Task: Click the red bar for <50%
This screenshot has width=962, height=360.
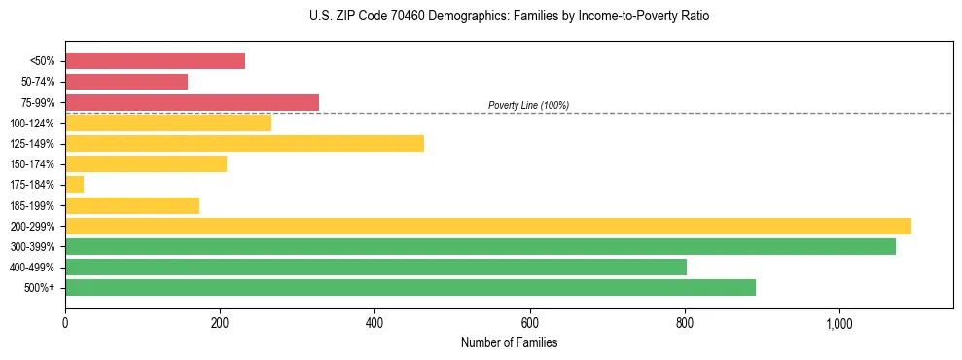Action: [x=155, y=60]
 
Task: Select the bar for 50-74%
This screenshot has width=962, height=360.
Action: [x=126, y=82]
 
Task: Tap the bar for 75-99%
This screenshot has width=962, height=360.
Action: [x=192, y=102]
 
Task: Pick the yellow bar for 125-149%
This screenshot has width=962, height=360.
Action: [x=244, y=144]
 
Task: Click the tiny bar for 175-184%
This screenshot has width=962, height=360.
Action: [x=74, y=185]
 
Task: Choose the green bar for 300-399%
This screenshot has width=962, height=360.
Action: [x=481, y=247]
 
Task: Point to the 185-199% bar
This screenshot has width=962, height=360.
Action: [x=132, y=205]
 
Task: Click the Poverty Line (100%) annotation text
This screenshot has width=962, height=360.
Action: [x=528, y=105]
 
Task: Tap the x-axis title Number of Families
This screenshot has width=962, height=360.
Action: [x=509, y=342]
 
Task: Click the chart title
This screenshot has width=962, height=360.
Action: [x=509, y=17]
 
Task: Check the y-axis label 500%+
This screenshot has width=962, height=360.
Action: [x=40, y=288]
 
